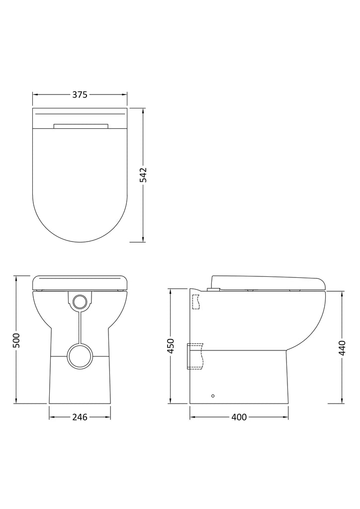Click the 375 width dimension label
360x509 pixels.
80,95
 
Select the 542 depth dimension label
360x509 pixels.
143,174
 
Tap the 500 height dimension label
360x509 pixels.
16,340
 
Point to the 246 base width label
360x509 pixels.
80,417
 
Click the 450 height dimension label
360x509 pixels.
171,346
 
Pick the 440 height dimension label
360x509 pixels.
342,347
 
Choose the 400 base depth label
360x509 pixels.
239,417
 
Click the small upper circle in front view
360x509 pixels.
80,302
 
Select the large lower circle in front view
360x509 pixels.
80,355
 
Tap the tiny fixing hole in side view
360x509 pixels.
213,396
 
